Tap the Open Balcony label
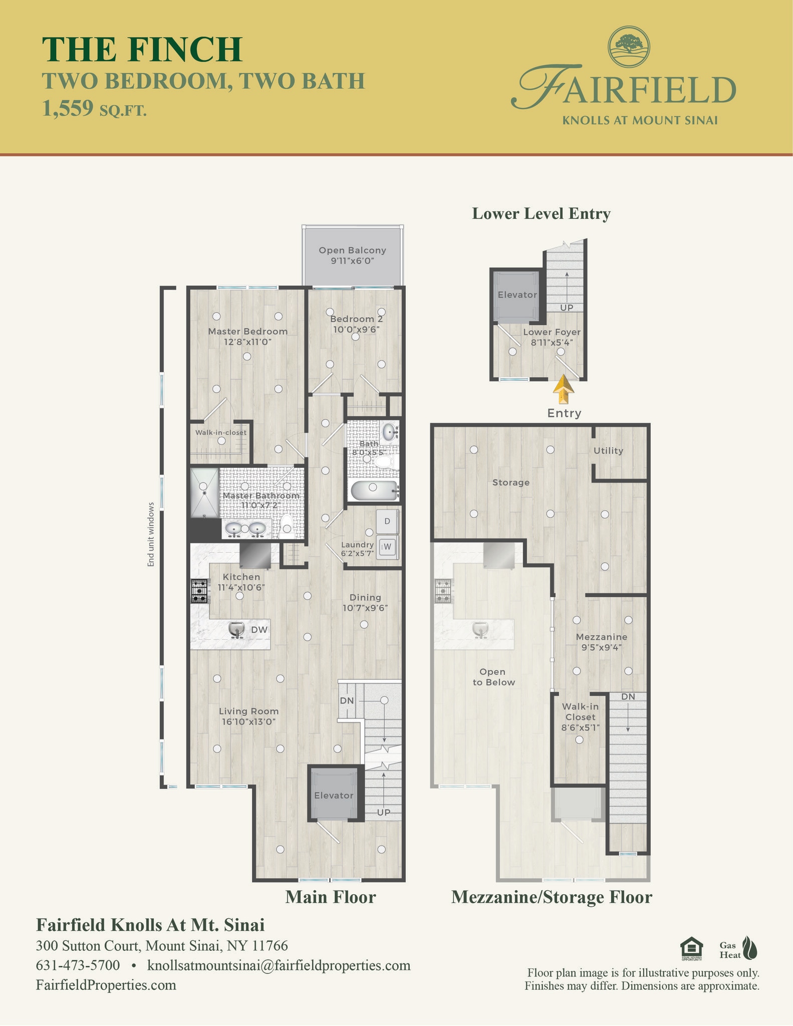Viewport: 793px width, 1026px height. [x=352, y=255]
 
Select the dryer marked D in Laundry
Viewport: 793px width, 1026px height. [x=387, y=521]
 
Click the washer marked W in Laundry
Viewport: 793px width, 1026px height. [x=387, y=547]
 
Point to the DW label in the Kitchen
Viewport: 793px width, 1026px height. [x=259, y=630]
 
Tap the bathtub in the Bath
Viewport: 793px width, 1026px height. [x=374, y=490]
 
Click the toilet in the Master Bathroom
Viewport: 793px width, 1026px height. [x=286, y=527]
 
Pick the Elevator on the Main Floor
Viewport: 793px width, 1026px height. [x=334, y=795]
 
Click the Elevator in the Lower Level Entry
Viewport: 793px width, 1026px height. [x=516, y=295]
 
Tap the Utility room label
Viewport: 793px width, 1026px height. [x=608, y=450]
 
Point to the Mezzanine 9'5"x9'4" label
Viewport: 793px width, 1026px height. [x=601, y=642]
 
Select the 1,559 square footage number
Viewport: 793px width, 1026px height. [x=68, y=108]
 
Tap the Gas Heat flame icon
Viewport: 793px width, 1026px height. [x=750, y=948]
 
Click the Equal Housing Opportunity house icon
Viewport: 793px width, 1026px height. [x=690, y=948]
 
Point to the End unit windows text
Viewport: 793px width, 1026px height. [x=151, y=535]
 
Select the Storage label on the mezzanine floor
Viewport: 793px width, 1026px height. [x=510, y=482]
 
